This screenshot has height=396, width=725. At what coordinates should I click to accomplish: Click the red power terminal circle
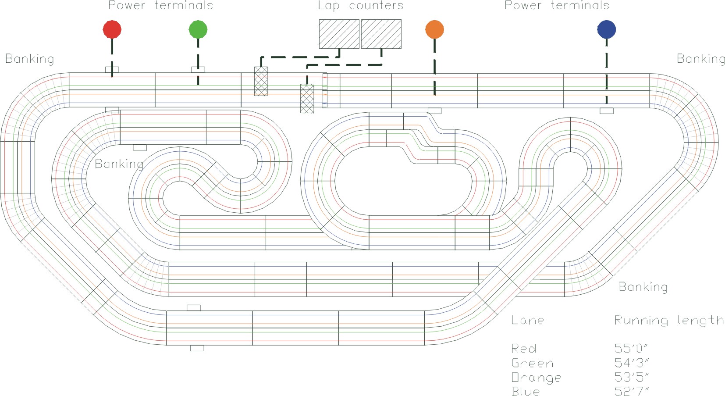pyautogui.click(x=112, y=29)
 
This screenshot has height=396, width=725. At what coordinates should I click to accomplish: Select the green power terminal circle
pyautogui.click(x=198, y=29)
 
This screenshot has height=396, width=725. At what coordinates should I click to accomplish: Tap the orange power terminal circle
pyautogui.click(x=434, y=29)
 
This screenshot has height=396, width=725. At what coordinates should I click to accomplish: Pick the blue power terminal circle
pyautogui.click(x=606, y=29)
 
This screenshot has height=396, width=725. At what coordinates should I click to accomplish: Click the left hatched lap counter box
pyautogui.click(x=339, y=34)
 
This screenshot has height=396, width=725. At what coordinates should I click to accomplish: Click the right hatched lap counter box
pyautogui.click(x=381, y=34)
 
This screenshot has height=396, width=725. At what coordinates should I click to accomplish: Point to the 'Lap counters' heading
pyautogui.click(x=360, y=6)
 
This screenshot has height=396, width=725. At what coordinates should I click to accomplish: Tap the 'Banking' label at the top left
pyautogui.click(x=29, y=59)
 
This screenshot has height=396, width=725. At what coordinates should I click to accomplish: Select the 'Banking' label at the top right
pyautogui.click(x=701, y=59)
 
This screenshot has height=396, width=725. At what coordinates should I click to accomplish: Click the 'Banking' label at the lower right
pyautogui.click(x=643, y=287)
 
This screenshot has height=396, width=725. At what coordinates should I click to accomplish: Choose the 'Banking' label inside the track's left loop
pyautogui.click(x=119, y=164)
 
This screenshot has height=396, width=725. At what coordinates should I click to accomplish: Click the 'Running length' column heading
pyautogui.click(x=668, y=321)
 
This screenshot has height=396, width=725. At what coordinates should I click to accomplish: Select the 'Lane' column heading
pyautogui.click(x=527, y=320)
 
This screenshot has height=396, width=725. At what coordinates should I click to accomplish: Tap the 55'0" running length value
pyautogui.click(x=631, y=349)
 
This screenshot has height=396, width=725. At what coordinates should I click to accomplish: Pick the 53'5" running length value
pyautogui.click(x=631, y=377)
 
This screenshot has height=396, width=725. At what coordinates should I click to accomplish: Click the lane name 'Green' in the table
pyautogui.click(x=532, y=363)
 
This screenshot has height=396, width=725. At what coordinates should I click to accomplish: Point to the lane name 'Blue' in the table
pyautogui.click(x=526, y=391)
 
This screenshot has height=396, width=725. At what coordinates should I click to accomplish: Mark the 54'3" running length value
pyautogui.click(x=631, y=363)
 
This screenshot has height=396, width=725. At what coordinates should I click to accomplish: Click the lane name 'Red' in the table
pyautogui.click(x=523, y=349)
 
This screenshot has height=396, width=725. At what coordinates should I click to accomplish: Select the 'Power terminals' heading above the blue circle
pyautogui.click(x=557, y=6)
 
